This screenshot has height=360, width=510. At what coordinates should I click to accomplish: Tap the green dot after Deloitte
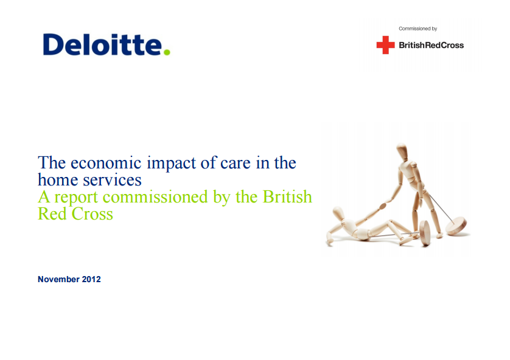[167, 52]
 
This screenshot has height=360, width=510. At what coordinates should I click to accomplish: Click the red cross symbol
[385, 45]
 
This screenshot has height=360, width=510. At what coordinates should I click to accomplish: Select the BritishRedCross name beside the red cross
[431, 45]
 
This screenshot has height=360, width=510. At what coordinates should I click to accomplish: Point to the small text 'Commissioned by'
[417, 29]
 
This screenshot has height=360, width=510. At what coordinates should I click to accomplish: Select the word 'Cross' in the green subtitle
[91, 214]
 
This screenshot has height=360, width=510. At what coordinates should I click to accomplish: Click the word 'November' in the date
[58, 280]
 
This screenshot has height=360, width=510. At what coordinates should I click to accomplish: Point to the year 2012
[92, 280]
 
